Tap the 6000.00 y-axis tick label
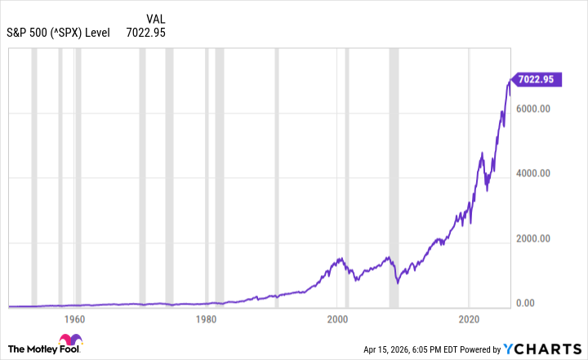point(535,109)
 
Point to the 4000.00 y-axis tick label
point(535,174)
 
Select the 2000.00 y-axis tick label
point(535,238)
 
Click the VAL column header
point(158,19)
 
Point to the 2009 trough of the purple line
point(397,282)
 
